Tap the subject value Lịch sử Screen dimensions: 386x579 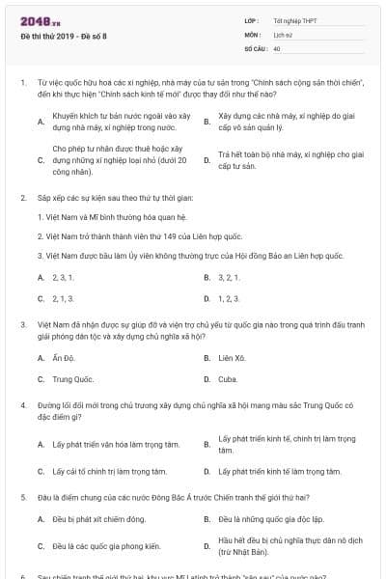coord(282,34)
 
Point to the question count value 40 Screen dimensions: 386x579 coord(277,47)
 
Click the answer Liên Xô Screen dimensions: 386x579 coord(230,358)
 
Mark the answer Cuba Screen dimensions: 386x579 coord(228,380)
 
